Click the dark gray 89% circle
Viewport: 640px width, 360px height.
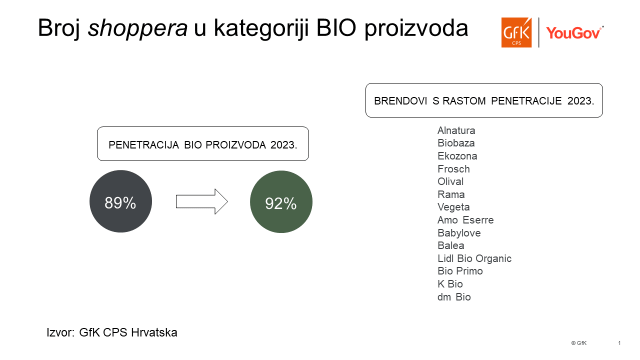click(x=120, y=201)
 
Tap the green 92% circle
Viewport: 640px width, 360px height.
click(x=281, y=201)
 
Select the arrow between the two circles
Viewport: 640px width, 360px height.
click(x=201, y=201)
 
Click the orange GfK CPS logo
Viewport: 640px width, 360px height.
click(x=516, y=32)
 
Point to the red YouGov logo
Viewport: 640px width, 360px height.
click(x=575, y=33)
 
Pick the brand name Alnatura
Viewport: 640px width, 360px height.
click(x=456, y=130)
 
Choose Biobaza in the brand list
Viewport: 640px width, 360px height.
click(x=456, y=143)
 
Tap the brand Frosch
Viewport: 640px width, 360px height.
click(x=453, y=169)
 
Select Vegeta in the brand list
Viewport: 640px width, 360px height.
click(x=453, y=207)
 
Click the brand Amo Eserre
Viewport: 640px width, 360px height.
click(x=465, y=220)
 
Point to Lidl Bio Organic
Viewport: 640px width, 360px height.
click(x=474, y=258)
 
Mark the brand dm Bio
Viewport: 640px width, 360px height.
click(x=454, y=297)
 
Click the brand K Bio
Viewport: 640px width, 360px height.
click(x=450, y=284)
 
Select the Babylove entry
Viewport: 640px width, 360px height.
click(x=459, y=233)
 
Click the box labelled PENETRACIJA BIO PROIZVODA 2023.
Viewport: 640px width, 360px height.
click(x=203, y=143)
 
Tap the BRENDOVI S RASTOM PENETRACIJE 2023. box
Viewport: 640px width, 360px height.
click(x=484, y=100)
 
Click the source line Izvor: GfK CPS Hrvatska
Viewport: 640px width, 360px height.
click(x=112, y=332)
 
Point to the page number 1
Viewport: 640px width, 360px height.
click(x=619, y=343)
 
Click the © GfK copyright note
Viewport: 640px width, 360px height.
click(x=579, y=343)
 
